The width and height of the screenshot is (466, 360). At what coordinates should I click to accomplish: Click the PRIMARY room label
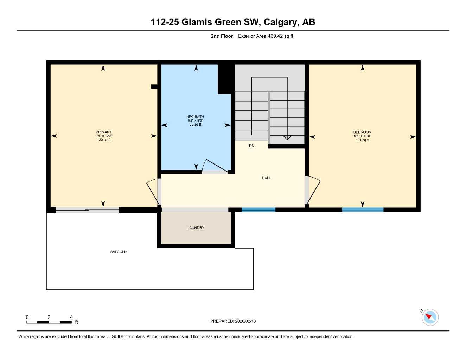104,132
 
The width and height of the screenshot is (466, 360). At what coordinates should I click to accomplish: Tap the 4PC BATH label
195,117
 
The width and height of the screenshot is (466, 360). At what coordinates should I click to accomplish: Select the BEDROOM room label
362,132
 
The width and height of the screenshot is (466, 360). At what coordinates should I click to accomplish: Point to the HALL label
266,178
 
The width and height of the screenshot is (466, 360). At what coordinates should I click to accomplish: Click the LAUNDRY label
196,228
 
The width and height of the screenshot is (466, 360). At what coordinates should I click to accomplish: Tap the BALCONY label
119,252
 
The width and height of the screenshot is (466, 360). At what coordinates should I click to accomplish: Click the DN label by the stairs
251,146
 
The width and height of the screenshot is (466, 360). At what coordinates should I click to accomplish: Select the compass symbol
430,317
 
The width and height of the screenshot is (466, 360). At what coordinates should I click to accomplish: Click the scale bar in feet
49,322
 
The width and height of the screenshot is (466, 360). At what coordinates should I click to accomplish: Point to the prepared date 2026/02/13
233,321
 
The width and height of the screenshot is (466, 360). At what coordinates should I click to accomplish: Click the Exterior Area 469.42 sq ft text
266,36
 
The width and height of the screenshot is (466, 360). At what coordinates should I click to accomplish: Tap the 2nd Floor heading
222,36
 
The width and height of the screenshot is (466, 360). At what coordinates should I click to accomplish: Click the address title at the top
233,22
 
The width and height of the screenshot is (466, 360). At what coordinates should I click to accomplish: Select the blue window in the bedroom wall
363,210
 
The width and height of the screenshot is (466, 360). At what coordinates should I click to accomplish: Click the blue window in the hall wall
258,210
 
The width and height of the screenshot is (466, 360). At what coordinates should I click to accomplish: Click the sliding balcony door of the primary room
87,210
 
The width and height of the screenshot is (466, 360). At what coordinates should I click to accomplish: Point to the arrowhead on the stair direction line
287,137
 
